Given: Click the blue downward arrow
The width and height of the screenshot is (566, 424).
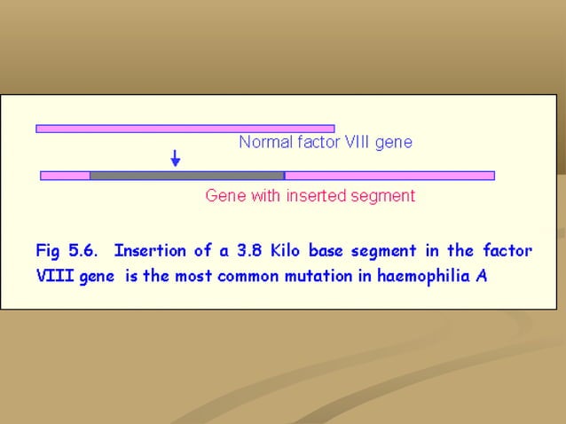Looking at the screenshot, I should coord(176,158).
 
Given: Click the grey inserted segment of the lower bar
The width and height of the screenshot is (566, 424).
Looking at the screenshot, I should coord(186,176).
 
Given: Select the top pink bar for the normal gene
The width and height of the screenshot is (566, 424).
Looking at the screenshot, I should coord(185,129).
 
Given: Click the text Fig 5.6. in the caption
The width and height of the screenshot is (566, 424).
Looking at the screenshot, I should coord(65,251).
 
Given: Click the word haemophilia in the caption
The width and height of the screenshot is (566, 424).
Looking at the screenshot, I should coord(424,275).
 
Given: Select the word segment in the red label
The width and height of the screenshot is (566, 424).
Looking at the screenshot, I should coord(385,195).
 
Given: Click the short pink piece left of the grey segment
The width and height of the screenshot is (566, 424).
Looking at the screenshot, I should coord(66,176).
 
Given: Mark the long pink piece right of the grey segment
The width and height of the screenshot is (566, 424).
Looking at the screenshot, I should coord(389,176).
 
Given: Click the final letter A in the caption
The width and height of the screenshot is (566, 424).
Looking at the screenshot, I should coord(481,275).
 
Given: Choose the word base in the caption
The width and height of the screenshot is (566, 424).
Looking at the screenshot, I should coord(326,251).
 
